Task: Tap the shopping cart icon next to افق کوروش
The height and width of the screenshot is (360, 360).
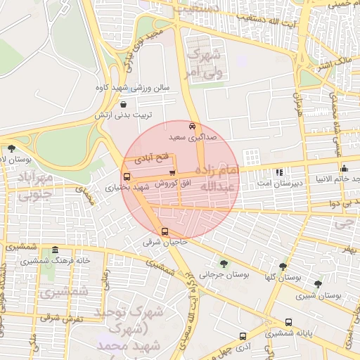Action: (x=172, y=174)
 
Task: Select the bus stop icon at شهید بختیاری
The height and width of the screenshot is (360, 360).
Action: (x=127, y=177)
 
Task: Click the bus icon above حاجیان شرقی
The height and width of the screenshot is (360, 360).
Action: (x=165, y=231)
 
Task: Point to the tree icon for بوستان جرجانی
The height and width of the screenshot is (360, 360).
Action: (x=224, y=264)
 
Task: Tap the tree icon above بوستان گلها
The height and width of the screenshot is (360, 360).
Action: (x=283, y=266)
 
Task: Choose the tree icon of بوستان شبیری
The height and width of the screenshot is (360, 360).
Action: (x=318, y=284)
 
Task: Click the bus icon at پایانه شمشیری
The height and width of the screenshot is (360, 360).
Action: (x=289, y=322)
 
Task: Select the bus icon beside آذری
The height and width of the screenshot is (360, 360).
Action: (x=243, y=336)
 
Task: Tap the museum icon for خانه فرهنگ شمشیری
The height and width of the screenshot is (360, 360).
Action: (x=55, y=250)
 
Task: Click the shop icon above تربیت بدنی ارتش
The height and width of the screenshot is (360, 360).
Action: (x=124, y=103)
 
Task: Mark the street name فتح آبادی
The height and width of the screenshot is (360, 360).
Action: (x=153, y=155)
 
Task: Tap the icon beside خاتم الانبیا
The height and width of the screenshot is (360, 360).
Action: (x=344, y=168)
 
